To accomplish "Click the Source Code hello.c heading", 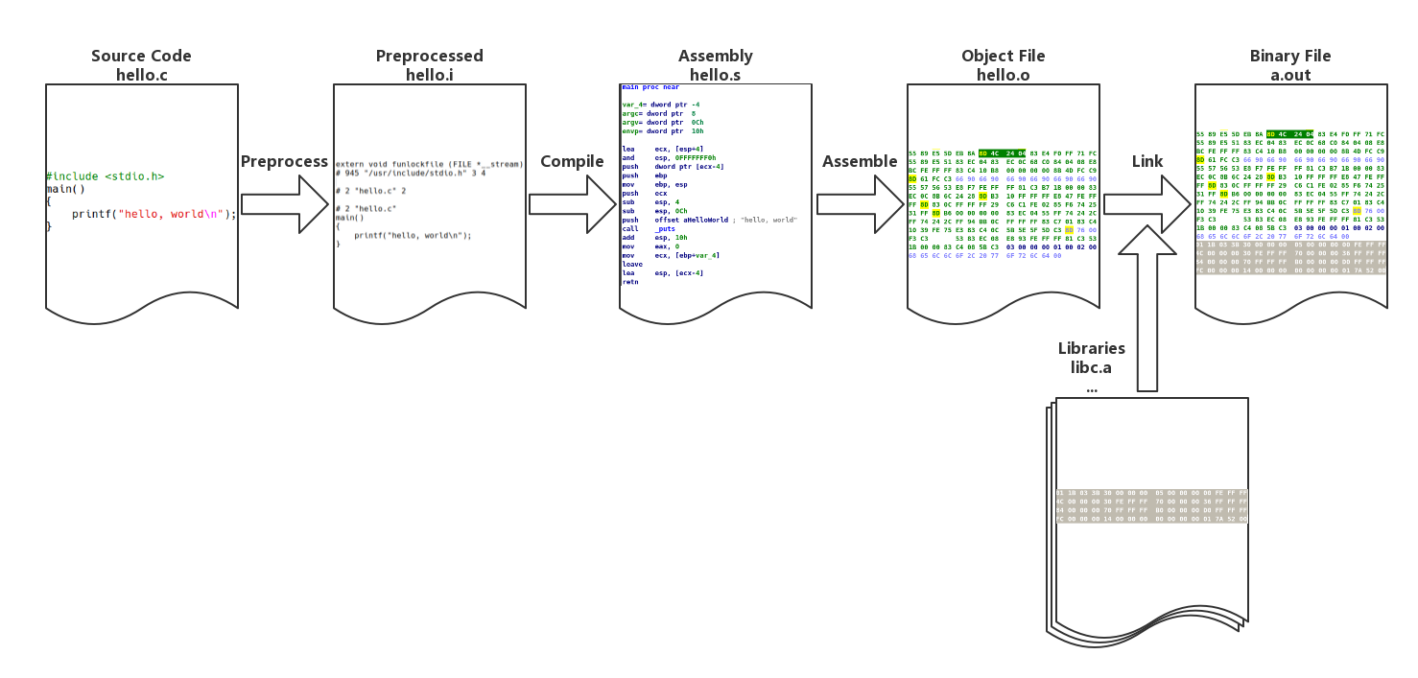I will click(x=141, y=65).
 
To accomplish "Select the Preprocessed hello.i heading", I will click(x=429, y=65).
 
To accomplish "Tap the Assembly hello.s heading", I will click(x=715, y=65).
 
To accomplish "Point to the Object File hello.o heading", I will click(x=1003, y=65).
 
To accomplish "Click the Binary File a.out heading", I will click(x=1290, y=65).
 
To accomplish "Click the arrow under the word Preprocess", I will click(x=284, y=203).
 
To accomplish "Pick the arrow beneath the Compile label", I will click(x=572, y=203).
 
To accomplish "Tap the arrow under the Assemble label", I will click(x=860, y=203).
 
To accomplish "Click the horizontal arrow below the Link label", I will click(x=1147, y=203).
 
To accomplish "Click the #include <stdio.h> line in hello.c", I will click(x=106, y=176).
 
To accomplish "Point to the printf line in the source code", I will click(x=154, y=214).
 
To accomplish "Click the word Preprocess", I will click(x=284, y=161).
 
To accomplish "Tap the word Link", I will click(x=1147, y=161).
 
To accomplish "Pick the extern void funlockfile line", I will click(x=429, y=165).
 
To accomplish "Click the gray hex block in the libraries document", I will click(x=1151, y=506).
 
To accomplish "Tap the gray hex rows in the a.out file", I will click(x=1290, y=257).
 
